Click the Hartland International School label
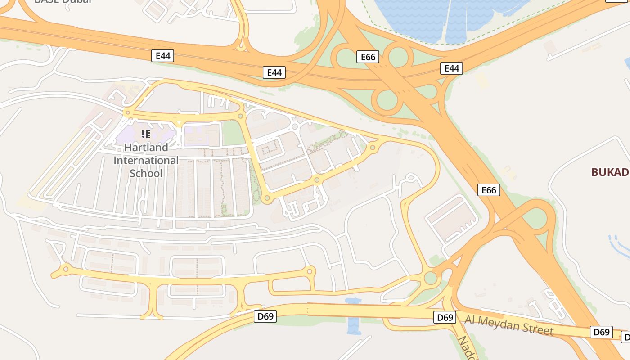pyautogui.click(x=146, y=160)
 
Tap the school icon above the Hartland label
pyautogui.click(x=145, y=134)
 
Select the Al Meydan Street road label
pyautogui.click(x=509, y=325)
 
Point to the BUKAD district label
pyautogui.click(x=609, y=172)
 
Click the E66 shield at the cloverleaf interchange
pyautogui.click(x=368, y=57)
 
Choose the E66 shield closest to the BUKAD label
pyautogui.click(x=489, y=190)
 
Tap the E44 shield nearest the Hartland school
pyautogui.click(x=162, y=56)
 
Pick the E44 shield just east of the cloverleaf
pyautogui.click(x=451, y=68)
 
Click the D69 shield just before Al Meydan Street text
pyautogui.click(x=445, y=317)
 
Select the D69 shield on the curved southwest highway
pyautogui.click(x=265, y=316)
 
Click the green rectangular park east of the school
pyautogui.click(x=233, y=133)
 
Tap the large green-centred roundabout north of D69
pyautogui.click(x=431, y=278)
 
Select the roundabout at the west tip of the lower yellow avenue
pyautogui.click(x=66, y=269)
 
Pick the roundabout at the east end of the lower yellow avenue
pyautogui.click(x=309, y=271)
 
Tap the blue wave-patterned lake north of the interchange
pyautogui.click(x=432, y=18)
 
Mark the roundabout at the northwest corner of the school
pyautogui.click(x=128, y=112)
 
